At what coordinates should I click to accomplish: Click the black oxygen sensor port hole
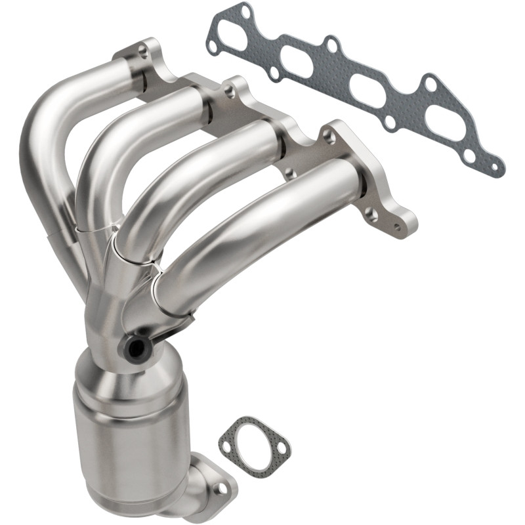[136, 348]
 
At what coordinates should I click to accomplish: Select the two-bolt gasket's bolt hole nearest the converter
[226, 446]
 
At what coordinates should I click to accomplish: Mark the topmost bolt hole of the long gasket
[245, 12]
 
